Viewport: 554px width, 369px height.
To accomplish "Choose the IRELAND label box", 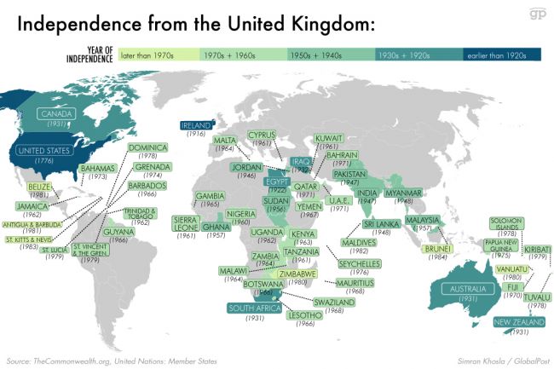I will click(198, 125).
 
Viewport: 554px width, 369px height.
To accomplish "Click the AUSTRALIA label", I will click(468, 290).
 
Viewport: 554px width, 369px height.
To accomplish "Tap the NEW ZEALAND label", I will click(515, 321).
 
